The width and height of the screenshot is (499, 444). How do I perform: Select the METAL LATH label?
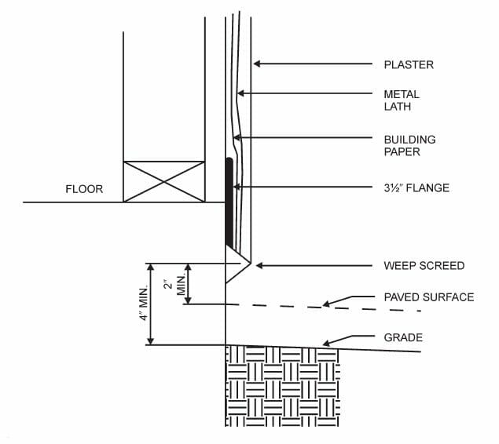[401, 100]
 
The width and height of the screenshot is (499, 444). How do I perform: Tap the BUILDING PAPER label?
[409, 145]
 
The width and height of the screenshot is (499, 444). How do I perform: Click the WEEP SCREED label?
[424, 265]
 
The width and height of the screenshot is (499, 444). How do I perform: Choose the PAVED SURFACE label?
[428, 297]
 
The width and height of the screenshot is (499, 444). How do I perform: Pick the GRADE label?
[403, 338]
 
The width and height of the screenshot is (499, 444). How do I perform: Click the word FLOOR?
[84, 189]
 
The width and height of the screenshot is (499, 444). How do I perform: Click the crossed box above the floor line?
[164, 182]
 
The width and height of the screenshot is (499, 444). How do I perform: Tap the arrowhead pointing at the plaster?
[257, 64]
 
